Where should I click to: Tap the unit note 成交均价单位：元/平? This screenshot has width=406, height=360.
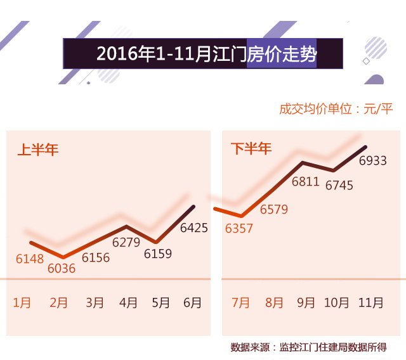336,108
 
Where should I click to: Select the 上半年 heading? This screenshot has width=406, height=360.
37,150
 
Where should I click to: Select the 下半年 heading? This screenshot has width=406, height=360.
251,149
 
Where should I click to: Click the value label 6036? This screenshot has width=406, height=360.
62,268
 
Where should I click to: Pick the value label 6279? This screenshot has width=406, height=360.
126,242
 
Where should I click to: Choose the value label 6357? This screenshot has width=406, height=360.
239,228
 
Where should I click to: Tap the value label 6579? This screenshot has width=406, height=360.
274,209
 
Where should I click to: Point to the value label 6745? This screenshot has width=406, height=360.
339,186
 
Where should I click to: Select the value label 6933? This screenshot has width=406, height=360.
373,161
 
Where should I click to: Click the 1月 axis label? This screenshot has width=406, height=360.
22,302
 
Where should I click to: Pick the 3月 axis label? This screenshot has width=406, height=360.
95,302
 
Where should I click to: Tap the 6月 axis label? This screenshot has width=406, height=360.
192,302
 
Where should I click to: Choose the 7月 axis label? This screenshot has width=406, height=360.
241,302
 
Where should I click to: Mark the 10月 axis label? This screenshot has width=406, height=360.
337,302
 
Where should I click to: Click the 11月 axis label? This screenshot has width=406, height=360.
370,302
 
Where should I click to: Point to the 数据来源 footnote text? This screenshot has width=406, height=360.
308,347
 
